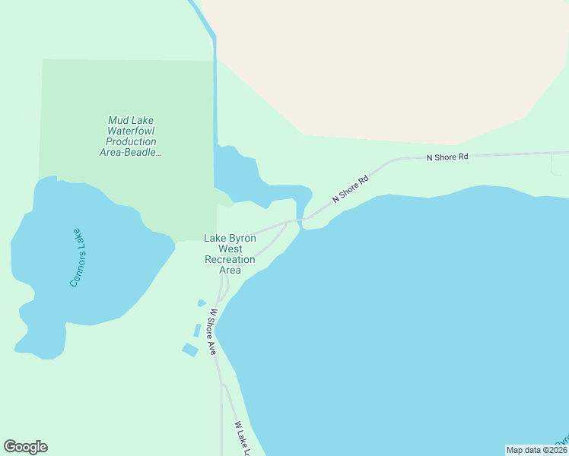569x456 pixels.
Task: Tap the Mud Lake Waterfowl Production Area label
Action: pyautogui.click(x=131, y=136)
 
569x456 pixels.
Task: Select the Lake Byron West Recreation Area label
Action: pyautogui.click(x=230, y=254)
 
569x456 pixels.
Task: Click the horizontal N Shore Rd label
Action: pyautogui.click(x=447, y=157)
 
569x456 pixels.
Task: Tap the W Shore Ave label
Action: pyautogui.click(x=211, y=331)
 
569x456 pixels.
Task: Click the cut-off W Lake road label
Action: pyautogui.click(x=242, y=439)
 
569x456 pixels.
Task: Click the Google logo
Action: pyautogui.click(x=26, y=447)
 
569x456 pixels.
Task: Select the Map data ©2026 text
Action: pyautogui.click(x=536, y=450)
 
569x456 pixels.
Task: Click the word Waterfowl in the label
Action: pyautogui.click(x=131, y=131)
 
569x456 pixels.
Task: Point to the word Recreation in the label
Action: pyautogui.click(x=230, y=259)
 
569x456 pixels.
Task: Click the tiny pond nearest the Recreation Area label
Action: pyautogui.click(x=202, y=302)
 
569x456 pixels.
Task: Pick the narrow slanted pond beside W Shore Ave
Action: pyautogui.click(x=197, y=331)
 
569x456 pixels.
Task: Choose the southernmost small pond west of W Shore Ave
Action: pyautogui.click(x=189, y=349)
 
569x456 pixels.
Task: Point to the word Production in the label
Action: pyautogui.click(x=131, y=141)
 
